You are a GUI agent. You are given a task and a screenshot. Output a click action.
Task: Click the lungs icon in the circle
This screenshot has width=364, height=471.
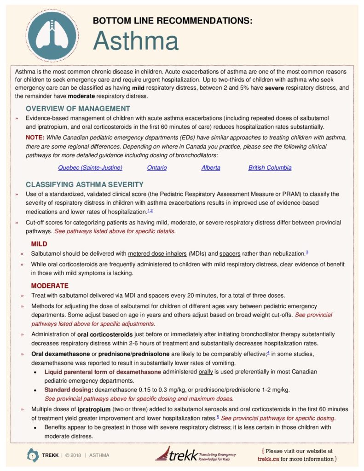(49, 32)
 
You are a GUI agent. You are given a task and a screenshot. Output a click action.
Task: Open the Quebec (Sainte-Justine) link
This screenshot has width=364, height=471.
(90, 168)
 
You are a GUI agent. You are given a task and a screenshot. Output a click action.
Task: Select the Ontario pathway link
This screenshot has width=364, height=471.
(157, 168)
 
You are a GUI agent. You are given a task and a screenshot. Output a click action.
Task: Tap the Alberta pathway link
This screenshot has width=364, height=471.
(211, 168)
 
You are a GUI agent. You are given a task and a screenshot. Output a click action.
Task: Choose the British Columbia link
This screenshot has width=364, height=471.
(270, 168)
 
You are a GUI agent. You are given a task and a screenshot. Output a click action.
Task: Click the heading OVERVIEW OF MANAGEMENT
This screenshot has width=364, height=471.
(78, 109)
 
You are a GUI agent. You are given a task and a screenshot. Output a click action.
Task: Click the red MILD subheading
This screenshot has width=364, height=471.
(39, 243)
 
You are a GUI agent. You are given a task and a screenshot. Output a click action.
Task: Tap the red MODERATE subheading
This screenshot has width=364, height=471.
(50, 286)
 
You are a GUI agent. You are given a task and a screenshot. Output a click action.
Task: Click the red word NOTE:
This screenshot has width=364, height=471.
(35, 138)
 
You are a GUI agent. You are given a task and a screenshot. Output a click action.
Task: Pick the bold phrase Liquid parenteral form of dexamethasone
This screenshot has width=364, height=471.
(103, 372)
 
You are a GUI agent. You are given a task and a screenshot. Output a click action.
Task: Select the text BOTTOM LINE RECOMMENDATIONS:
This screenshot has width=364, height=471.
(173, 21)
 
